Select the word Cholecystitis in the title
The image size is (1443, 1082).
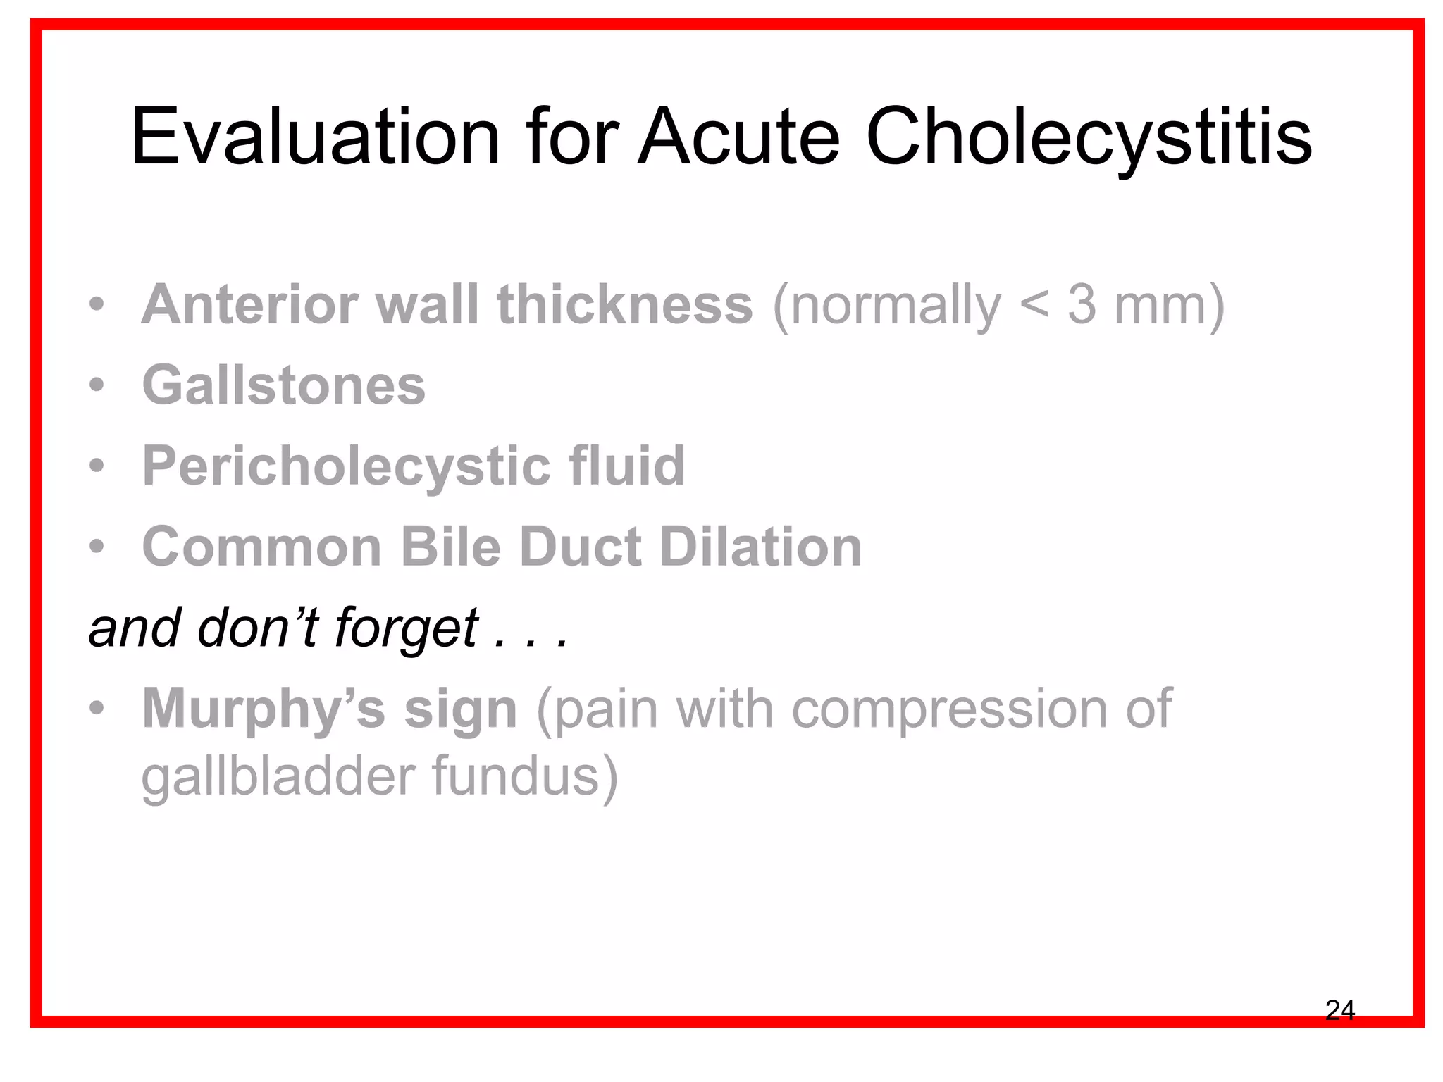(x=1089, y=138)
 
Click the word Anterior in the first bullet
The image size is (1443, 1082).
(x=250, y=305)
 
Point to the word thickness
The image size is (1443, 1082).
(x=625, y=305)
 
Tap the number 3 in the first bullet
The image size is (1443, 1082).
(x=1082, y=305)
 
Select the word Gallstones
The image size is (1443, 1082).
(x=284, y=385)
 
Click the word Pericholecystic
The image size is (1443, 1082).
(x=346, y=467)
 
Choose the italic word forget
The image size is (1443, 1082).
(x=407, y=629)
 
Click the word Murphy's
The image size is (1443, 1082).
(x=264, y=709)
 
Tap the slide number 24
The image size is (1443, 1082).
(x=1339, y=1010)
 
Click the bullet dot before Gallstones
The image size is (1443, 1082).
(x=97, y=385)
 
